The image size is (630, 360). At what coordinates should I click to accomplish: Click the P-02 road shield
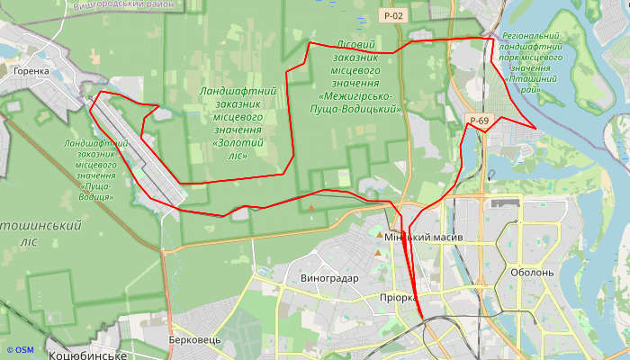(392, 15)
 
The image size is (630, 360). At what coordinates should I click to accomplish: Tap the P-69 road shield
(478, 121)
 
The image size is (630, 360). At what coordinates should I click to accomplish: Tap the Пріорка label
(398, 298)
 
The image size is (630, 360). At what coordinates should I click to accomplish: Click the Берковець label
(194, 340)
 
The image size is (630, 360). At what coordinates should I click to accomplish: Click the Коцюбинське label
(87, 355)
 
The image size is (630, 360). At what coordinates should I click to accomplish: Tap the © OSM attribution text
(19, 349)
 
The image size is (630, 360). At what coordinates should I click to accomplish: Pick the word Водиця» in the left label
(95, 195)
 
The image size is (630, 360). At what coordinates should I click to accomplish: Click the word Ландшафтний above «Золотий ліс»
(238, 92)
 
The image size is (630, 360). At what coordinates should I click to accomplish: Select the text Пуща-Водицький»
(359, 109)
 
